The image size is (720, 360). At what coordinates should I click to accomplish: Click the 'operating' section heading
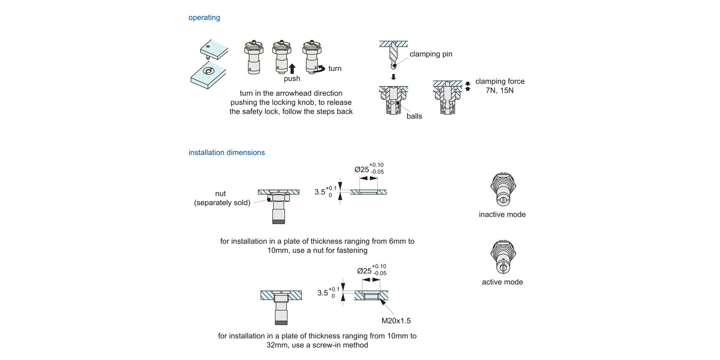point(204,18)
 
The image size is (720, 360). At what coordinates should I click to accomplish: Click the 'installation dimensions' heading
point(226,153)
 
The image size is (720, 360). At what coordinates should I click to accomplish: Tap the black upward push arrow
point(292,68)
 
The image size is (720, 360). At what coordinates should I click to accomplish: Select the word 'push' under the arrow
point(292,79)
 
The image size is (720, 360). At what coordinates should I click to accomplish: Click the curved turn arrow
point(319,69)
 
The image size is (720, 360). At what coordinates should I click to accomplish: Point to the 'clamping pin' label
point(431,54)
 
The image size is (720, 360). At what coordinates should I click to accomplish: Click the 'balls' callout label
point(414,116)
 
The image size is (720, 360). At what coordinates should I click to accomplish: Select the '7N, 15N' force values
point(500,90)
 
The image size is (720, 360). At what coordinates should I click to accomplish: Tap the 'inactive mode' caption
point(502,215)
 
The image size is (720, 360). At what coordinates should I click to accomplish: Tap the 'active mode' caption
point(502,282)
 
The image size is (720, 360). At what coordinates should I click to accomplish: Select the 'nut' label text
point(220,194)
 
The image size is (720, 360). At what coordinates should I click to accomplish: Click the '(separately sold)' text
point(222,203)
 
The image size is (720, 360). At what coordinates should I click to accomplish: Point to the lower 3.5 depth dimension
point(324,292)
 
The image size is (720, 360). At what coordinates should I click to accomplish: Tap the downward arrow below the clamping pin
point(393,77)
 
